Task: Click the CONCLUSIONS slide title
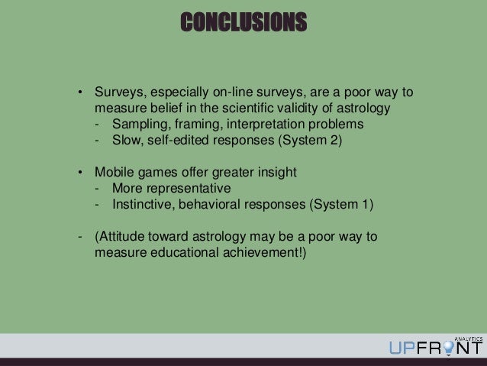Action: (x=243, y=22)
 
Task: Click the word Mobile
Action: (x=114, y=173)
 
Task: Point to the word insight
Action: (x=276, y=173)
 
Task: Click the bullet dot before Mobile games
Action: (x=79, y=173)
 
